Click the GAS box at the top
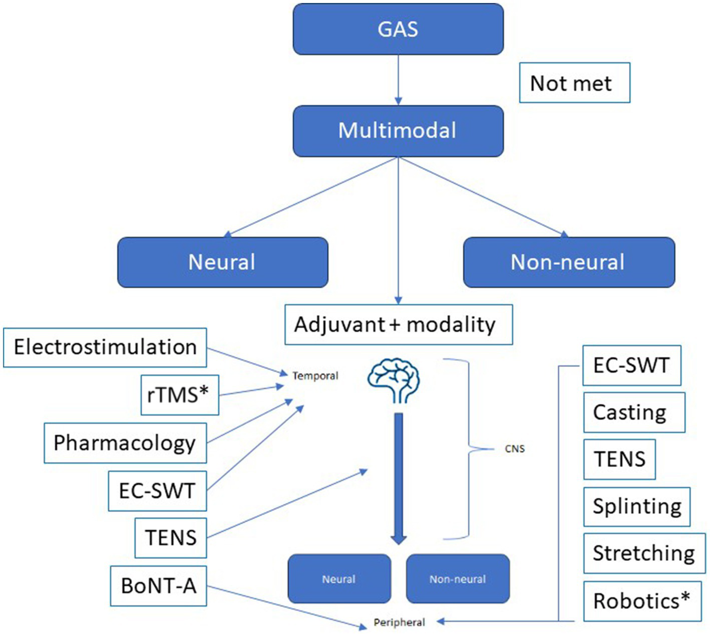tap(398, 29)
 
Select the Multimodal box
tap(398, 131)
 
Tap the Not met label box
tap(574, 83)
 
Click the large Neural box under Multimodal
tap(222, 262)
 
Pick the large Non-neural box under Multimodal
tap(569, 262)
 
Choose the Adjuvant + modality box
tap(399, 325)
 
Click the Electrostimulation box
tap(105, 347)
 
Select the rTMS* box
tap(180, 395)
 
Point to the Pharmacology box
tap(125, 443)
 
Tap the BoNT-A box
tap(158, 585)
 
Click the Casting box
tap(634, 412)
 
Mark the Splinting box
tap(637, 507)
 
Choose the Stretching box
tap(644, 553)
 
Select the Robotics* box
tap(642, 600)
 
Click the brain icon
tap(394, 380)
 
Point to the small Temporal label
tap(315, 375)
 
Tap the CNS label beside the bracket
tap(515, 449)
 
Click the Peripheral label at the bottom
tap(399, 622)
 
